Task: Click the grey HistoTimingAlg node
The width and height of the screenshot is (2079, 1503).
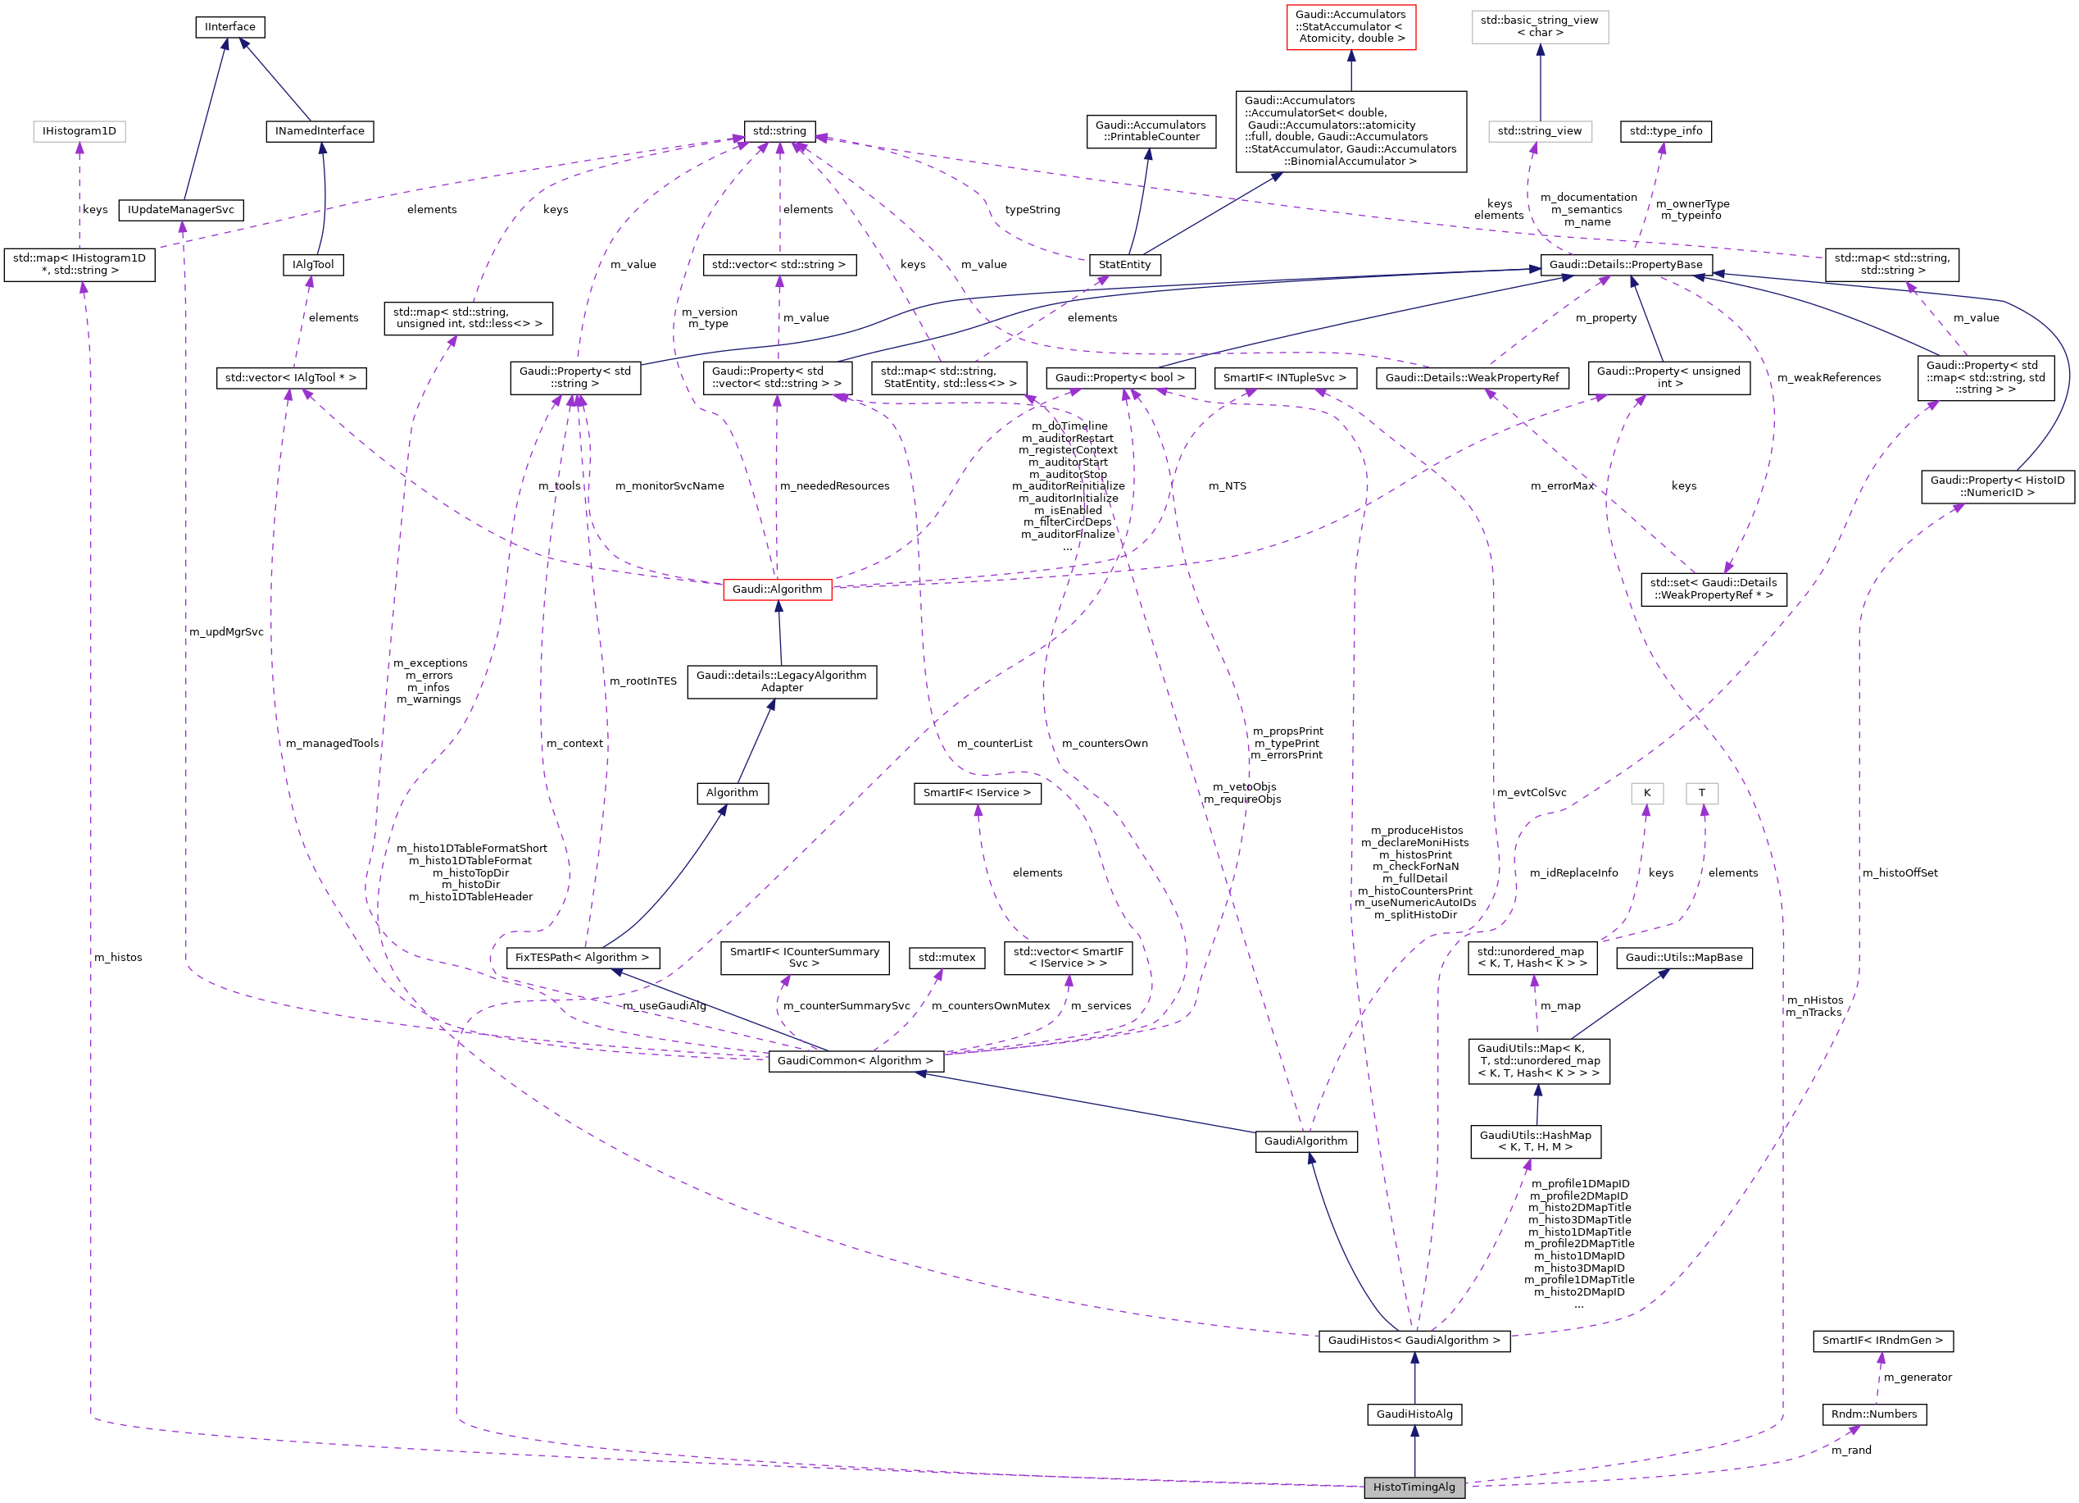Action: point(1414,1487)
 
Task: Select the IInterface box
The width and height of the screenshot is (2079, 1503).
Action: point(230,26)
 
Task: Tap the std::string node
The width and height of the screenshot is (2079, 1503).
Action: point(779,131)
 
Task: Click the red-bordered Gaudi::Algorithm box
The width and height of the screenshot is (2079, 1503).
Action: point(778,589)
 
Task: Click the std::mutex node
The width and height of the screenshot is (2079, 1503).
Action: point(947,958)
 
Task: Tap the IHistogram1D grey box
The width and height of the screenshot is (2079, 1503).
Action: point(79,131)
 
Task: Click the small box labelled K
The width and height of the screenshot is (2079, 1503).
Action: point(1646,792)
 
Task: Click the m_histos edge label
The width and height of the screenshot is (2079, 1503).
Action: point(118,958)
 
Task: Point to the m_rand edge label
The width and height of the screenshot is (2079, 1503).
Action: point(1850,1450)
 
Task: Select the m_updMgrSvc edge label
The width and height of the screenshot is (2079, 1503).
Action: point(225,632)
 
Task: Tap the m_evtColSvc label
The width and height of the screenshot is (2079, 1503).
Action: point(1531,792)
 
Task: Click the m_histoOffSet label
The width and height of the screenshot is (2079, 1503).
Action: point(1900,873)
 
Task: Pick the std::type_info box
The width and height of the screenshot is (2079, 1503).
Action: point(1666,131)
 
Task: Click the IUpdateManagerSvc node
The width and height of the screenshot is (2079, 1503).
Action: point(180,210)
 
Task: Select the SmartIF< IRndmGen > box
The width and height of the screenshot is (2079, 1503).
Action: point(1882,1341)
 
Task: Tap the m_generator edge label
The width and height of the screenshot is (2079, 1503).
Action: point(1917,1378)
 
